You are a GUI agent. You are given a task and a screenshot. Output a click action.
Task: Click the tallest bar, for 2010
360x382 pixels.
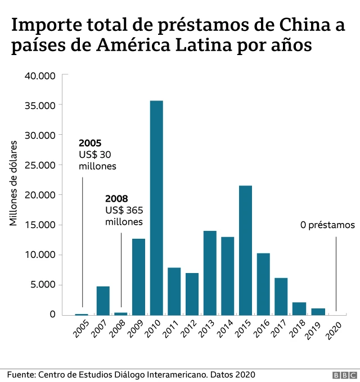[x=156, y=208]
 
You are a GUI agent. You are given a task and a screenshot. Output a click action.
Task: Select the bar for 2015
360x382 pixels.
[x=245, y=250]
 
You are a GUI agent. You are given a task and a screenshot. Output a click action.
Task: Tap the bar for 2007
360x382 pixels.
[x=103, y=301]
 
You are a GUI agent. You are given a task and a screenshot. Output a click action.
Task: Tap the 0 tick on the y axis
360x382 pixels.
[x=52, y=315]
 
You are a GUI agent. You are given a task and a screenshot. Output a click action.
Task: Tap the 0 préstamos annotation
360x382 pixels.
[x=327, y=225]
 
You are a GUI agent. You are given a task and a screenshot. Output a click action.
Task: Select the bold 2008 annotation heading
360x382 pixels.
[x=116, y=199]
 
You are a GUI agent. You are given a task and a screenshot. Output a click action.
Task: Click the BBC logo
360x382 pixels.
[x=344, y=375]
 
